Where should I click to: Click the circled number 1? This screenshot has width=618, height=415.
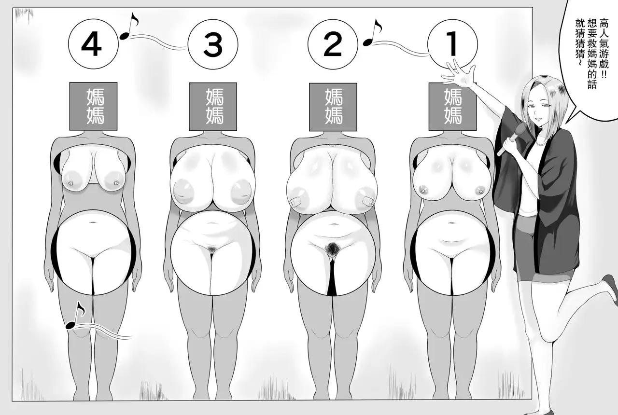(452, 44)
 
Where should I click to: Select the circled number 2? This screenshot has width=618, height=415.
(333, 44)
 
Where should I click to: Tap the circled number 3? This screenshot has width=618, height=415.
(213, 44)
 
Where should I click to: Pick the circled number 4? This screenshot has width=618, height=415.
(93, 44)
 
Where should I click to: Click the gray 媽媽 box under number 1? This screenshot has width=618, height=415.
(452, 107)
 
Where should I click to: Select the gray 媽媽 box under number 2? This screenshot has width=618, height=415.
(333, 107)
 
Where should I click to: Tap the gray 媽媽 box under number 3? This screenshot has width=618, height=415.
(213, 107)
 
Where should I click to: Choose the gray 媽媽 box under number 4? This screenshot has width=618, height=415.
(93, 106)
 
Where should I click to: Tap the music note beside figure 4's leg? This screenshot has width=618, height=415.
(75, 315)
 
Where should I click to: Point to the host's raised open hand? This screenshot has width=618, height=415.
(459, 73)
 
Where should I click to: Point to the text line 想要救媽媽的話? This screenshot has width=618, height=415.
(591, 54)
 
